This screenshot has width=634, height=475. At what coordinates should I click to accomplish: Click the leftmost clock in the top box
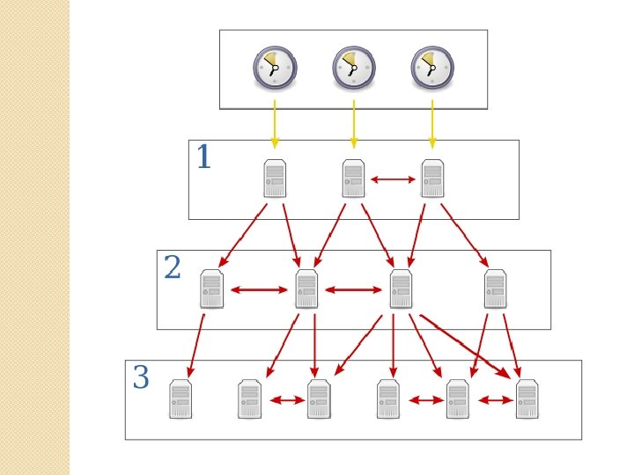pos(275,69)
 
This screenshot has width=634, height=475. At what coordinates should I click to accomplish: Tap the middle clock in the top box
pos(353,69)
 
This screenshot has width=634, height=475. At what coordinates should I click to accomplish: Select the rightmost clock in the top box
pos(431,69)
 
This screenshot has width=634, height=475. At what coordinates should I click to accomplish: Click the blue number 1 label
pos(203,158)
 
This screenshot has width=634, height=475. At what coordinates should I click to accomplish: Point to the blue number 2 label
pos(172,267)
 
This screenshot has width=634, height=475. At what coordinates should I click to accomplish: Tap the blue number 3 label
pos(141,378)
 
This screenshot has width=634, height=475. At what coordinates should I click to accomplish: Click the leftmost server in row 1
pos(275,179)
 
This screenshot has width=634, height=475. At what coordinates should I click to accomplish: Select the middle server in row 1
pos(353,179)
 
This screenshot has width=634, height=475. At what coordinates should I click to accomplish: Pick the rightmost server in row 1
pos(431,179)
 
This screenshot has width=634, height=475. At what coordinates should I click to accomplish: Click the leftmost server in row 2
pos(211,289)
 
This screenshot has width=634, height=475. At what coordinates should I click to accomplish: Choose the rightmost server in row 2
pos(495,289)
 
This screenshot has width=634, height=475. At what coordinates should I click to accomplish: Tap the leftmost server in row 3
pos(181,399)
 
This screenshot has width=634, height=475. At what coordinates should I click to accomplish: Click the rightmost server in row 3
pos(527,399)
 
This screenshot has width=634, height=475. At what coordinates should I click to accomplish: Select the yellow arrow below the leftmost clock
pos(275,124)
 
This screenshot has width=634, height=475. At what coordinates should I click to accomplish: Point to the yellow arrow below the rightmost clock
pos(431,124)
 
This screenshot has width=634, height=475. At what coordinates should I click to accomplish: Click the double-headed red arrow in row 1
pos(393,179)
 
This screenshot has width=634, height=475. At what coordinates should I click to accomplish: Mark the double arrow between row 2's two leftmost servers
pos(259,289)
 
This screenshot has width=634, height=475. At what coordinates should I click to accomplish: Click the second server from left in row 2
pos(306,289)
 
